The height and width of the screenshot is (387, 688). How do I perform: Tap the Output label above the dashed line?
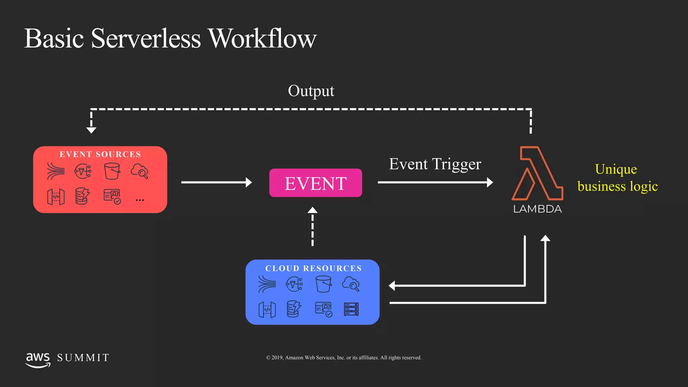[311, 91]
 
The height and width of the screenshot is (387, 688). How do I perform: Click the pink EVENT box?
[315, 183]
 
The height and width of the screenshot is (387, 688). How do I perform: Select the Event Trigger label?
[435, 164]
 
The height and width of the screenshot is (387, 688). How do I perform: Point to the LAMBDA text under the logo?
[537, 209]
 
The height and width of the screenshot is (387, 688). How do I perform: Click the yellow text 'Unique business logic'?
[617, 178]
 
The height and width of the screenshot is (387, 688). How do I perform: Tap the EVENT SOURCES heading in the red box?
[100, 154]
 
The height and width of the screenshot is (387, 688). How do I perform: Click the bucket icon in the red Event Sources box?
[112, 171]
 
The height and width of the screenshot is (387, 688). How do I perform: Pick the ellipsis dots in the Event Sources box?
[140, 200]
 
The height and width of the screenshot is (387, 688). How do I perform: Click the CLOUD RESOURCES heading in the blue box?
[313, 268]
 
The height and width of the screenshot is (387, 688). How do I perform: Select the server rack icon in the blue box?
[351, 309]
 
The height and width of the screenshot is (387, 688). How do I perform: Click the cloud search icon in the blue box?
[351, 284]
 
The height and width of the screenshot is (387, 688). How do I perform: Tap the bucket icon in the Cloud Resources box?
[323, 284]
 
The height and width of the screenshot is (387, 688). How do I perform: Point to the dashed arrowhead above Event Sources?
[91, 130]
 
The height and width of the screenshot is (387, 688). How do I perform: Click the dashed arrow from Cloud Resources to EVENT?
[312, 227]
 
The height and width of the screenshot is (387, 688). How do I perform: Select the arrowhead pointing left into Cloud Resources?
[392, 286]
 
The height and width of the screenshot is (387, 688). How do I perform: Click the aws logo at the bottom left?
[38, 360]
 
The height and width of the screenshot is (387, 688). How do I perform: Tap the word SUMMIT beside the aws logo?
[83, 358]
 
